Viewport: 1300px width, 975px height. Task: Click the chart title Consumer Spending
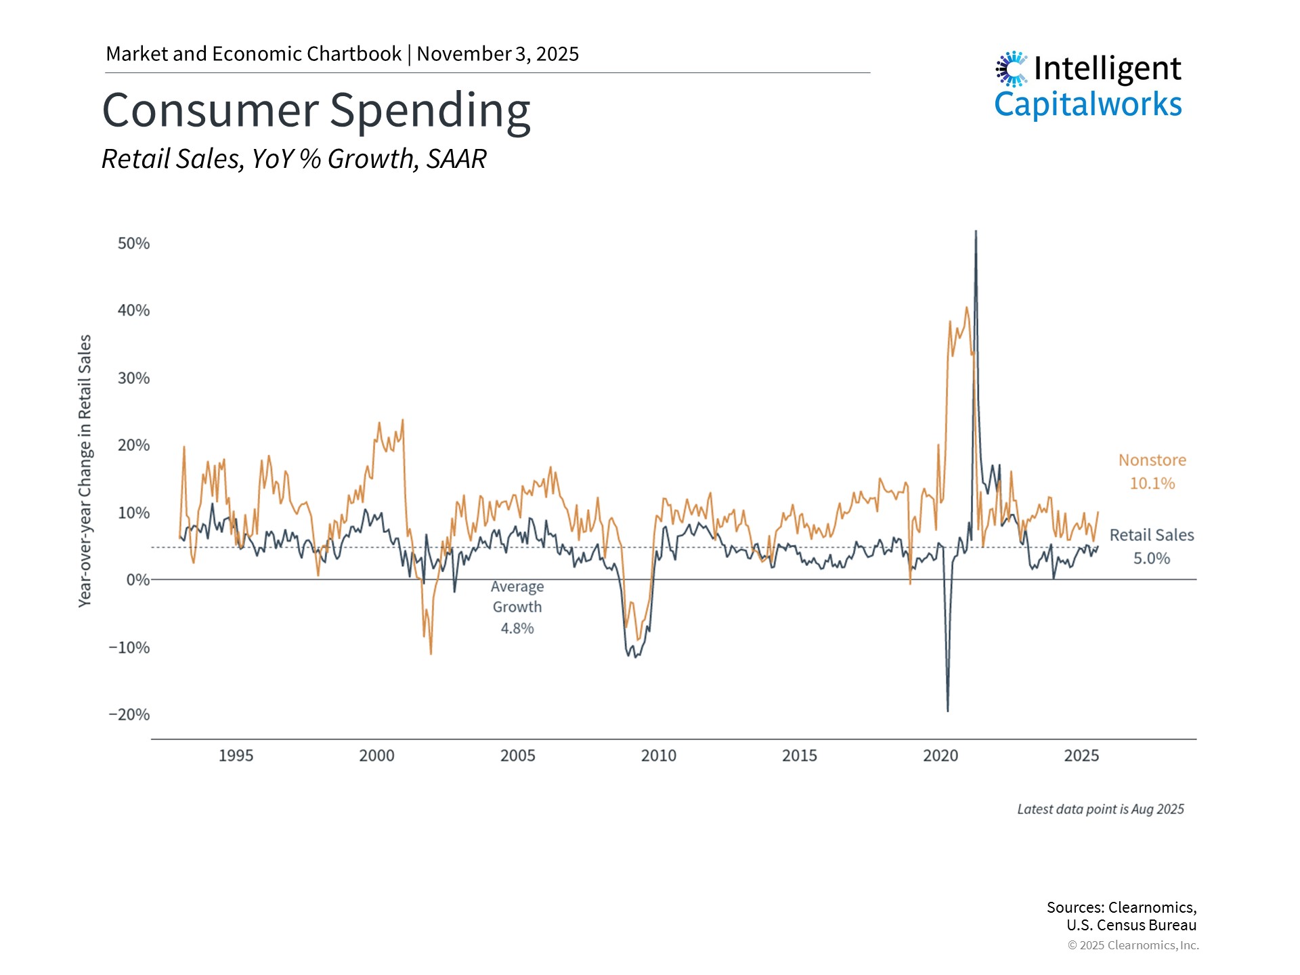(x=316, y=110)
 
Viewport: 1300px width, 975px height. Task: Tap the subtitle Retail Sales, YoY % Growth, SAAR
(x=294, y=159)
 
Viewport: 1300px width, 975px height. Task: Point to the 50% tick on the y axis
(x=133, y=244)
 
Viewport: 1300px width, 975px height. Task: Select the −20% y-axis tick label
(x=129, y=715)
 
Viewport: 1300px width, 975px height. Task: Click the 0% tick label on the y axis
(x=138, y=580)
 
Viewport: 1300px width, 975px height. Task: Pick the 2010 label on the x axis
(x=658, y=756)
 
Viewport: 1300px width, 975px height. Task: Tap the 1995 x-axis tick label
(x=236, y=756)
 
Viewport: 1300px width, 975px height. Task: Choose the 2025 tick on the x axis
(x=1081, y=756)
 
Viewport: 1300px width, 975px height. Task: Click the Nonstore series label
(x=1152, y=460)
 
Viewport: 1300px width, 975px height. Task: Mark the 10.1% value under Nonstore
(x=1152, y=483)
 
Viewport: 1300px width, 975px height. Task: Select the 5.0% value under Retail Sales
(x=1151, y=559)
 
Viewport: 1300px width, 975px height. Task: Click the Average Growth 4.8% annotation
(x=517, y=607)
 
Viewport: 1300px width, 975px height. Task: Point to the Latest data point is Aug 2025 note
(x=1100, y=809)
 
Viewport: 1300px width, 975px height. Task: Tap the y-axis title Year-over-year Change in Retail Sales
(x=85, y=471)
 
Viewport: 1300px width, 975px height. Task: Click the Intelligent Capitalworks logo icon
(x=1012, y=69)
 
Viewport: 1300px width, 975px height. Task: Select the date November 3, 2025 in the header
(x=498, y=54)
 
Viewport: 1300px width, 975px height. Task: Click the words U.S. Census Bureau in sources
(x=1131, y=925)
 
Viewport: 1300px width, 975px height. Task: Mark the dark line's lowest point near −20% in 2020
(x=947, y=710)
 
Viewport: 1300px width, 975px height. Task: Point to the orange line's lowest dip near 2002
(x=431, y=653)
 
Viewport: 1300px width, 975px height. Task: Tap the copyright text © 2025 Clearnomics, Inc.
(x=1133, y=945)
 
